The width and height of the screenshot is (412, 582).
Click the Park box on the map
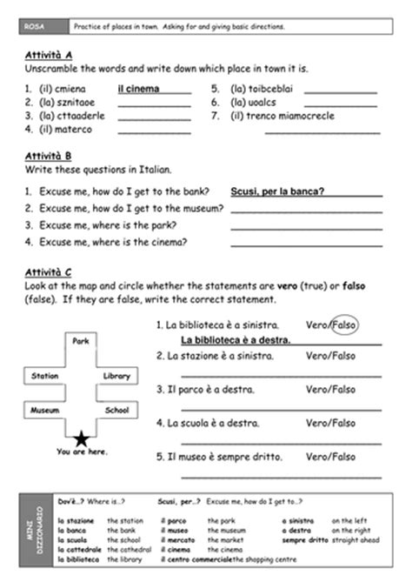coord(82,341)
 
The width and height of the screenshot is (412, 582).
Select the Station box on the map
coord(44,376)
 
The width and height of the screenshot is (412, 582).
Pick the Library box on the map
coord(116,376)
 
